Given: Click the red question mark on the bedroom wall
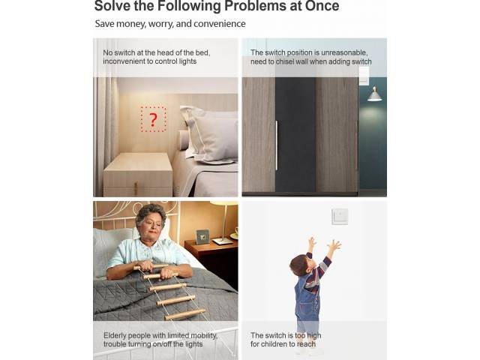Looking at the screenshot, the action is tap(153, 120).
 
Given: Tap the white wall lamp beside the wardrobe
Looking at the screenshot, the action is tap(374, 94).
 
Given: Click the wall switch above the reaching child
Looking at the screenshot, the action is tap(340, 216).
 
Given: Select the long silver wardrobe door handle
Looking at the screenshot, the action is tap(277, 145).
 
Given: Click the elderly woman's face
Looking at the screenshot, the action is tap(150, 226).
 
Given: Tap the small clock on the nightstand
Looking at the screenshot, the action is tap(202, 237).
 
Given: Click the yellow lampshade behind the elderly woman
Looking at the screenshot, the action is tap(224, 203).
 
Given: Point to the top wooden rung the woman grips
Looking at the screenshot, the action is tap(151, 267).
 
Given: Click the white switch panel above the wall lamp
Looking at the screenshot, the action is tap(364, 76).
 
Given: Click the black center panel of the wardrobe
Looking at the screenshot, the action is tap(295, 135).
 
